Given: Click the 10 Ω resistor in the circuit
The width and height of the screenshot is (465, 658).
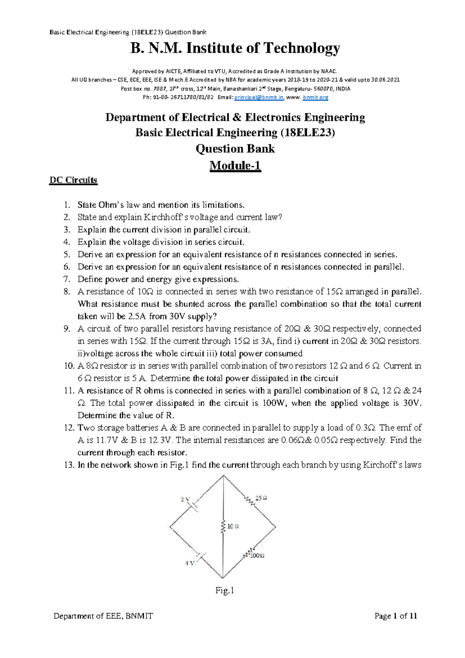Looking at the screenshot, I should pos(223,527).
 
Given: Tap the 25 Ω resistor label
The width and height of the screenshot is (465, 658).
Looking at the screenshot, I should pos(261,498).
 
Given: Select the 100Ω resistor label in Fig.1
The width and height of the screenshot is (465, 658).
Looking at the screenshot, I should pos(257,556).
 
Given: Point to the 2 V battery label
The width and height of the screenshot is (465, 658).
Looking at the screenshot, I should pos(185,499).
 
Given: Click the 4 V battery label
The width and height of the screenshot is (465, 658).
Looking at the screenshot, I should pos(189,563).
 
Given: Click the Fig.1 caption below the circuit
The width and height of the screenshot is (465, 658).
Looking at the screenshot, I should pos(225,590).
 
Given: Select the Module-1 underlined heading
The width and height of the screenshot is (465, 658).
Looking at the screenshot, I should pos(235,166).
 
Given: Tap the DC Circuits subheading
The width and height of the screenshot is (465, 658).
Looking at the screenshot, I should pos(73,180).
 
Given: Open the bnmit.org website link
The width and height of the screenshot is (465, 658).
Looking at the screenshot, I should pos(315,97).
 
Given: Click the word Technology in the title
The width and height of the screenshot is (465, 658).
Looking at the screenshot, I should pos(301,48).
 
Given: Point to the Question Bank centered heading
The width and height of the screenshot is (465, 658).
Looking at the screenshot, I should pos(235,149).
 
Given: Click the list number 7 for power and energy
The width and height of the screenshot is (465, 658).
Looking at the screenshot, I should pos(67,279).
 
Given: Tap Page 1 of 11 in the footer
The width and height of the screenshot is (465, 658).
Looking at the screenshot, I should pos(395,616).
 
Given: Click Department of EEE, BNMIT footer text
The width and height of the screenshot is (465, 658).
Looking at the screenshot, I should pos(103,616).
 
